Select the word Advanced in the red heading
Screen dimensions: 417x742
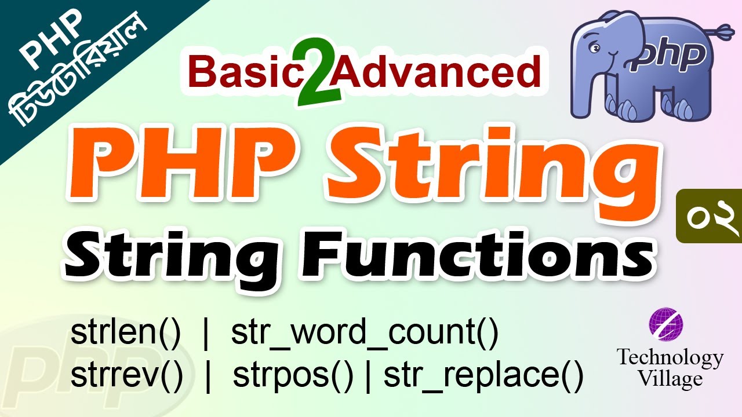click(438, 73)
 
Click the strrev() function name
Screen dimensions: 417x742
click(127, 377)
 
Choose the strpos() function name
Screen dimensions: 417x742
click(293, 377)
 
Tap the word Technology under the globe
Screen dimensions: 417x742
click(670, 357)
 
